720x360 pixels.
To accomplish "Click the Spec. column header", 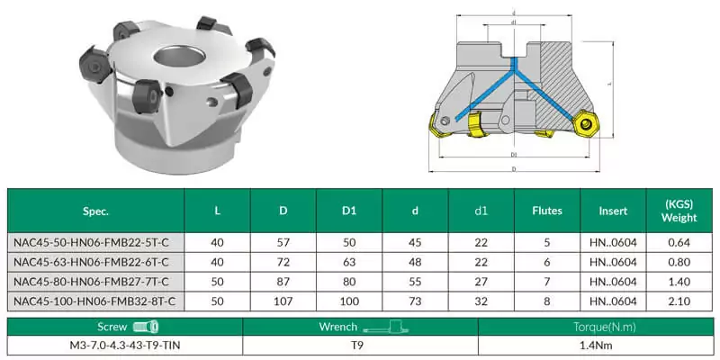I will click(94, 211).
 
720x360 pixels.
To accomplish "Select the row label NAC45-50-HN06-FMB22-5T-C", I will click(94, 243).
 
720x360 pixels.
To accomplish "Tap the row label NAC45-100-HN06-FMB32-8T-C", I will click(94, 300).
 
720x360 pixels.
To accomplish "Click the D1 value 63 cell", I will click(347, 262).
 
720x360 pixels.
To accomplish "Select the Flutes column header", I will click(547, 211).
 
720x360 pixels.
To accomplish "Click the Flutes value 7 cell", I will click(547, 281).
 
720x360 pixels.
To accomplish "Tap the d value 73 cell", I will click(414, 300).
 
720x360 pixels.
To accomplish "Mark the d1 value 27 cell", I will click(481, 281).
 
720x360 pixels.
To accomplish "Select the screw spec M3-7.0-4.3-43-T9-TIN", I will click(125, 345).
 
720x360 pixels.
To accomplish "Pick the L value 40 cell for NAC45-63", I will click(217, 262).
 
